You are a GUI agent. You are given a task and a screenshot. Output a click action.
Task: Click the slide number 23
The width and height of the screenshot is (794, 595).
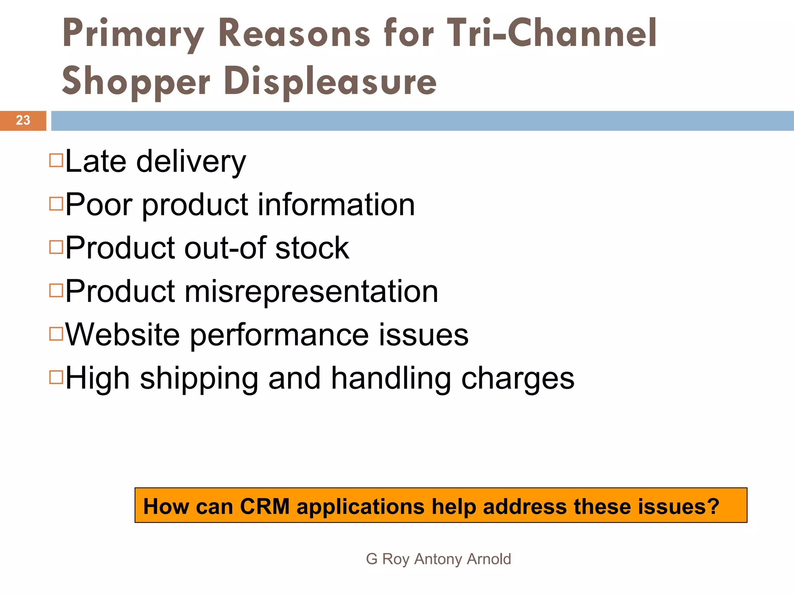click(x=23, y=120)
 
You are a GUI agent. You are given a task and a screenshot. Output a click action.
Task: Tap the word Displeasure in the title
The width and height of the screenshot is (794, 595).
click(x=330, y=81)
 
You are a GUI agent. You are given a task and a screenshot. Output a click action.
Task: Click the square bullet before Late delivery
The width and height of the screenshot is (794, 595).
click(x=56, y=160)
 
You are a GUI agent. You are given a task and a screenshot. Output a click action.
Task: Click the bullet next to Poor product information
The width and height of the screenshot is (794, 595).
click(x=56, y=203)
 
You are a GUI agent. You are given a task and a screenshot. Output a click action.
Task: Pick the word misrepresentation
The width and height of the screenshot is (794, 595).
click(x=311, y=291)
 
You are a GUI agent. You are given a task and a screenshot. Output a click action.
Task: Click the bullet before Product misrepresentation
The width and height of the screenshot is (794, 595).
click(x=56, y=290)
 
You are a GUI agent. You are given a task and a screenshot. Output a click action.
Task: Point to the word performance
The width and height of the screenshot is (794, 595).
click(x=279, y=335)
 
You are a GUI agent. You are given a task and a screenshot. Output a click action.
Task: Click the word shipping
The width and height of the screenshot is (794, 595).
click(x=199, y=379)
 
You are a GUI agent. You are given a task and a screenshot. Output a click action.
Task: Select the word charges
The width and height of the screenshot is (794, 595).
click(x=518, y=379)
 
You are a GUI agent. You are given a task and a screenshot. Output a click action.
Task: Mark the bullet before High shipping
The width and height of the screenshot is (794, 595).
click(x=56, y=377)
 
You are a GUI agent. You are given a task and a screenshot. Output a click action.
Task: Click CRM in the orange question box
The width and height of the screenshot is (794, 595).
click(x=265, y=506)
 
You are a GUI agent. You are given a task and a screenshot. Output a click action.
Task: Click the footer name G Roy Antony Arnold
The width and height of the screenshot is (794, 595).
click(x=438, y=559)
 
